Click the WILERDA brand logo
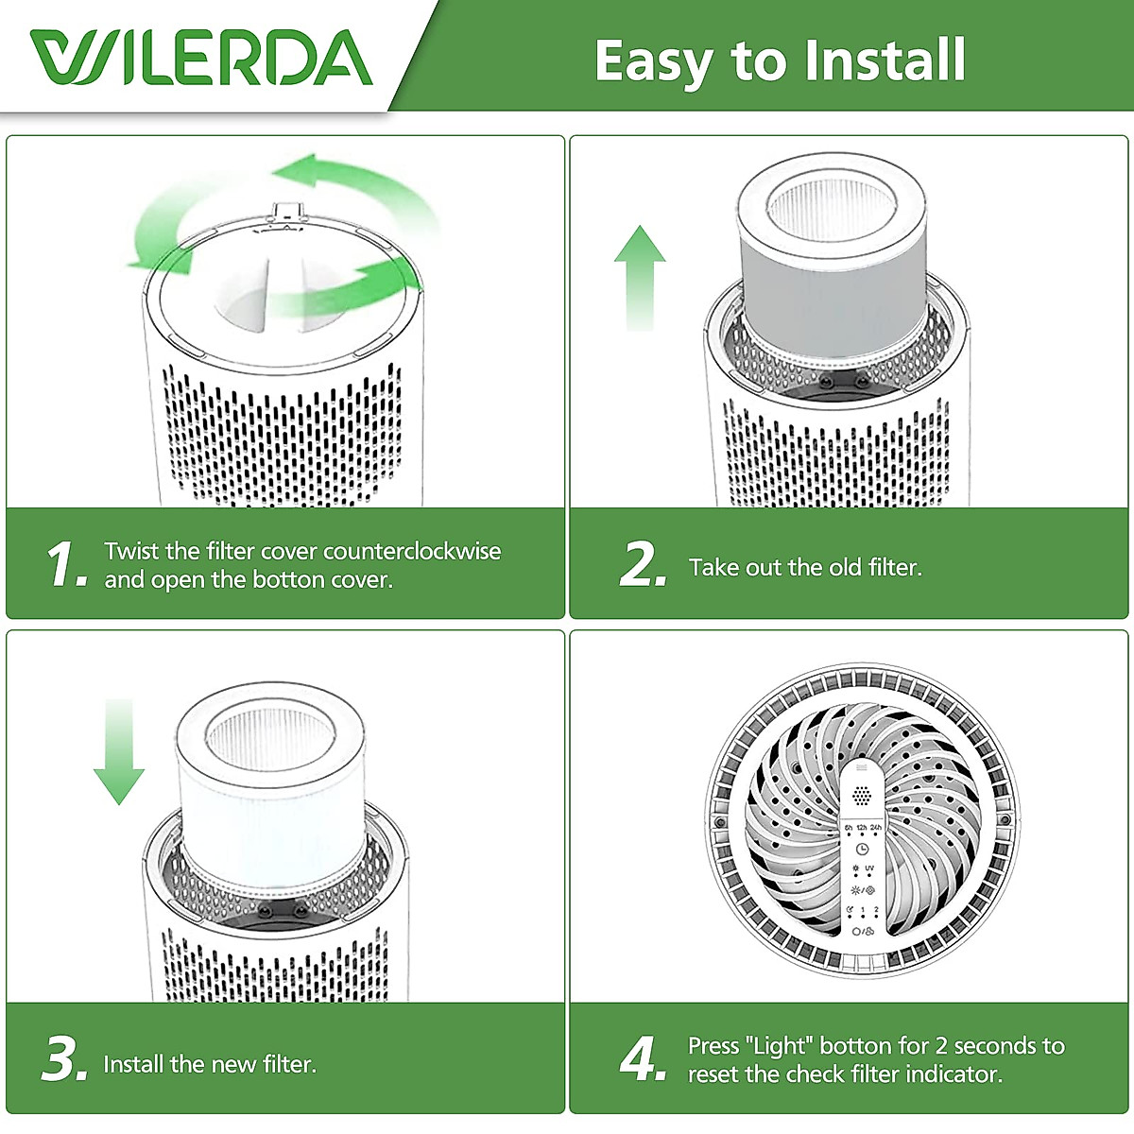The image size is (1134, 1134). (201, 57)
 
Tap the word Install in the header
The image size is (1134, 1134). (885, 60)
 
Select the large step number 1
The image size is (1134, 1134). (66, 565)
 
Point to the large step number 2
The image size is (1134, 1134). (644, 564)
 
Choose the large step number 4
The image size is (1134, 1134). (644, 1058)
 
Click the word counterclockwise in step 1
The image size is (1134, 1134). (412, 551)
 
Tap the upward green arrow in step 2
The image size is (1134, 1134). (640, 278)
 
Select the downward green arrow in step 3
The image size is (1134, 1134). (119, 751)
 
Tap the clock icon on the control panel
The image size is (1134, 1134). (862, 850)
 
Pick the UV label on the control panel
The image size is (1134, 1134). (869, 868)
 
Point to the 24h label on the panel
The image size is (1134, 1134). (876, 828)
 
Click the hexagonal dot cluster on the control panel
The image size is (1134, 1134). (862, 797)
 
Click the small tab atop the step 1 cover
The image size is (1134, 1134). (286, 210)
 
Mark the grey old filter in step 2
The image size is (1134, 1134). (832, 256)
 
